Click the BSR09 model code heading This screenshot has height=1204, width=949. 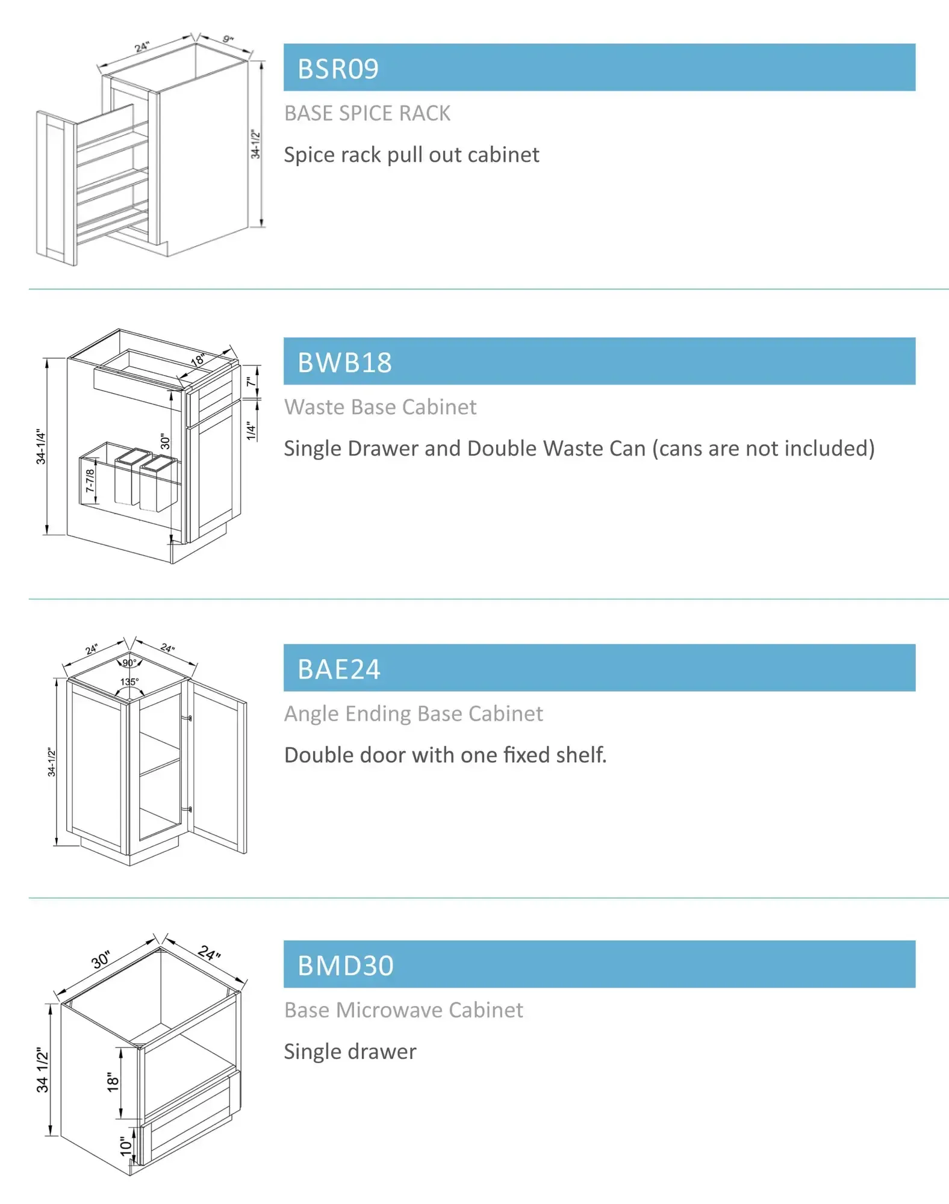coord(338,69)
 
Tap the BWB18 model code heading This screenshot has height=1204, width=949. coord(344,362)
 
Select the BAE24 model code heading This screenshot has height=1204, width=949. coord(339,669)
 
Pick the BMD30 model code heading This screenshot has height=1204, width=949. coord(346,965)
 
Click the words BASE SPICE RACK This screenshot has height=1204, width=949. coord(367,113)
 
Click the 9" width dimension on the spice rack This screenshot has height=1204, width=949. coord(228,39)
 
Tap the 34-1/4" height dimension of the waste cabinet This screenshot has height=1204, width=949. coord(40,446)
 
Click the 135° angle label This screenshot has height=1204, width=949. coord(129,681)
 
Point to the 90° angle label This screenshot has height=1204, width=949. coord(129,662)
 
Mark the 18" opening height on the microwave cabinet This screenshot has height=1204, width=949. coord(113,1082)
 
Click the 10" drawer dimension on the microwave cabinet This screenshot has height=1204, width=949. coord(125,1146)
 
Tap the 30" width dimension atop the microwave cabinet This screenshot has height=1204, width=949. coord(101,959)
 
